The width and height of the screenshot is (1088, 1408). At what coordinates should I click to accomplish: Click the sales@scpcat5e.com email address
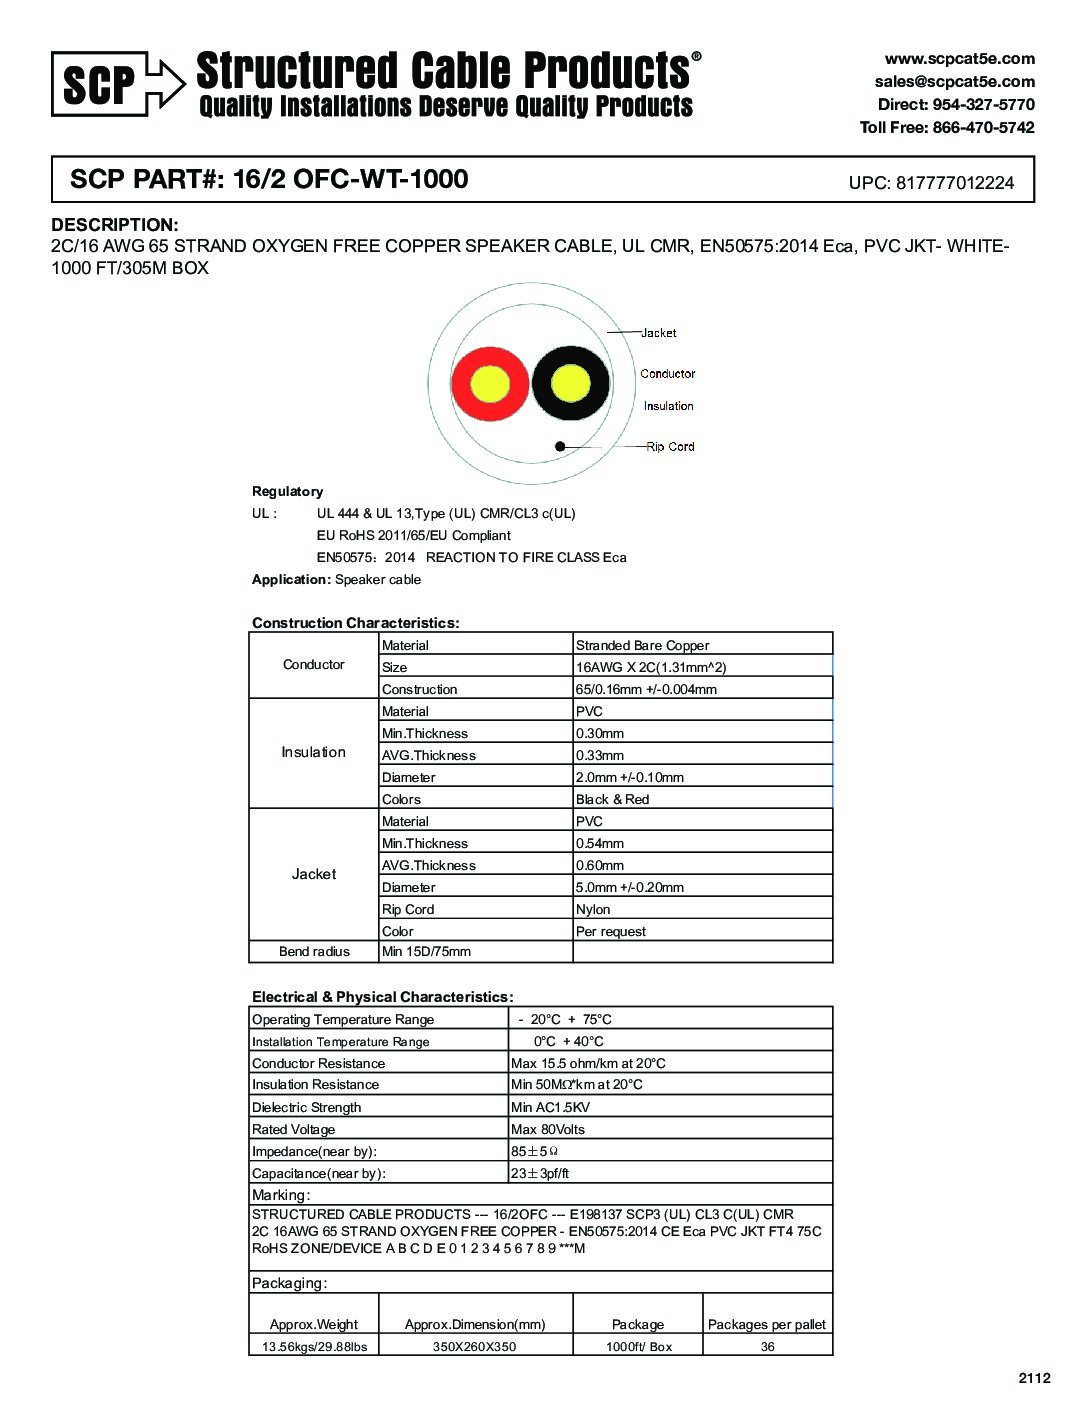954,82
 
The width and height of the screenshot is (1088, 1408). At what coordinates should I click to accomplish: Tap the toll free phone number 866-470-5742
983,127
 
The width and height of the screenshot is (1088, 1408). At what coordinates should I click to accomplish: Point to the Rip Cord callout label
670,447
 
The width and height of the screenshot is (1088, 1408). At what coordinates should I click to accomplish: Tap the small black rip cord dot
560,447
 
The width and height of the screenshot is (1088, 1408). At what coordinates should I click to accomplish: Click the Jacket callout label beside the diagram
658,333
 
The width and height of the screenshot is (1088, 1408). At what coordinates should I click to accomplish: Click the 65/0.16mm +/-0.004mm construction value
646,690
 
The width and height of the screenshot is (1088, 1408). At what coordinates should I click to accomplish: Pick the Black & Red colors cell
612,800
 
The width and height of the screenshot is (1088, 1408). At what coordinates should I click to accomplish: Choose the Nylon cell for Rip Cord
593,910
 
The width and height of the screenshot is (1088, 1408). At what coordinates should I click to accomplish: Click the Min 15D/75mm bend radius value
426,952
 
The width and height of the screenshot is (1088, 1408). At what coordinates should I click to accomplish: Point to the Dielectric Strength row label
306,1108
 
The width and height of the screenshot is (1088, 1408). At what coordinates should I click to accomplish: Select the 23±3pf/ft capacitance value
540,1174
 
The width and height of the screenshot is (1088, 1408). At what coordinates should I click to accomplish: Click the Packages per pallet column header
767,1325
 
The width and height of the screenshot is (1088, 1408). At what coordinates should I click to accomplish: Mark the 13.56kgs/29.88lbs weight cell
314,1347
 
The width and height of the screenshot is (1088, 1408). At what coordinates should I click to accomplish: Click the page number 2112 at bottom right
1035,1378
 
